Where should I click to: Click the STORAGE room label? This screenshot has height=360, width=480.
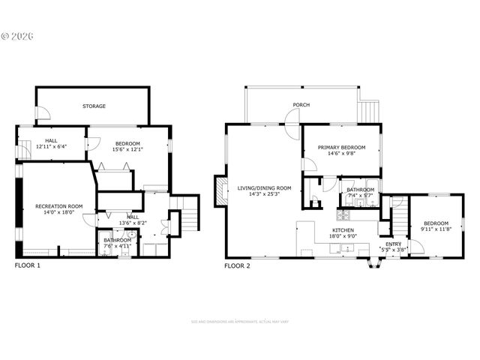[94, 106]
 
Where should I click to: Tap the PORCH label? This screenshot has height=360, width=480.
[301, 105]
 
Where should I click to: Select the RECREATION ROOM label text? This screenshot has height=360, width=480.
[58, 205]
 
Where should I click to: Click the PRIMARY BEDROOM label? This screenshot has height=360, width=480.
[341, 148]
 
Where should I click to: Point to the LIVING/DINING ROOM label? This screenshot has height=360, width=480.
[264, 188]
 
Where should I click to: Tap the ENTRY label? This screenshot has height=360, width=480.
[394, 244]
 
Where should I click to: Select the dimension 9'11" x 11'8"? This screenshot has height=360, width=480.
[435, 230]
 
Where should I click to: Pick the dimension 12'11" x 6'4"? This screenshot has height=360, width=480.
[51, 147]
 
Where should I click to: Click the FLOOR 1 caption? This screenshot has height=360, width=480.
[28, 265]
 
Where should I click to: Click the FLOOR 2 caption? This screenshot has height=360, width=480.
[238, 265]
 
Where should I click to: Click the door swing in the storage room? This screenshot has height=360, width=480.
[44, 114]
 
